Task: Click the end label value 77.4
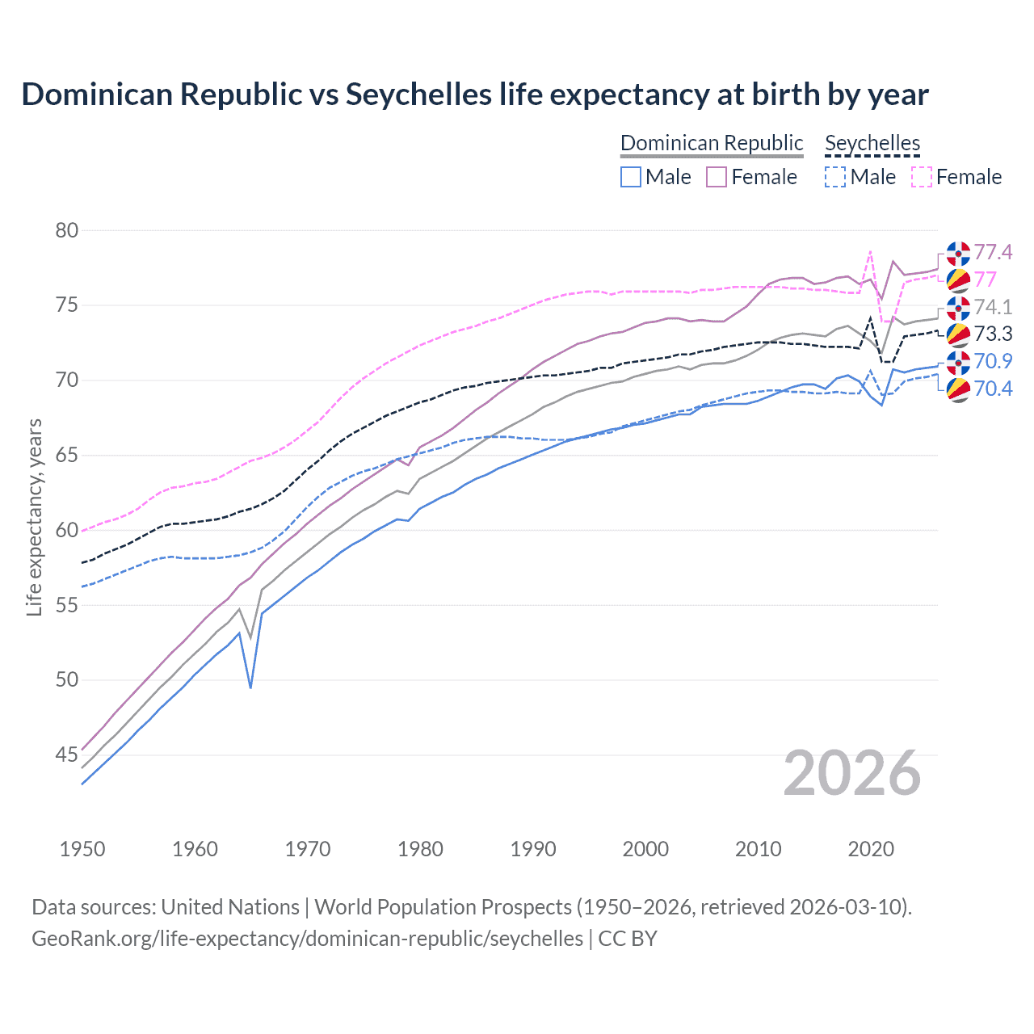click(993, 253)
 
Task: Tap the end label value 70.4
click(993, 389)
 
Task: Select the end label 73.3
click(993, 334)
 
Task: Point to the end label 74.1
click(993, 307)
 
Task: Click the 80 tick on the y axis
click(66, 230)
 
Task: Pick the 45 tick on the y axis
click(66, 754)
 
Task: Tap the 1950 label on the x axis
click(82, 849)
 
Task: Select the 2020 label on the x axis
click(871, 849)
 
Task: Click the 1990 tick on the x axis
click(533, 849)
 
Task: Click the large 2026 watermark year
click(852, 774)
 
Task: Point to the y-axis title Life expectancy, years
click(34, 517)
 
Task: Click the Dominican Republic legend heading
click(712, 143)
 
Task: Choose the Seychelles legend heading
click(872, 143)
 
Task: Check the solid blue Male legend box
click(631, 177)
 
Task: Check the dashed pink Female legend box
click(922, 177)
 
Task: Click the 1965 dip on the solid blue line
click(250, 687)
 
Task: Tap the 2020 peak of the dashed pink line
click(870, 251)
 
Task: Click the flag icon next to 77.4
click(958, 253)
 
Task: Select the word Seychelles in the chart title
click(419, 95)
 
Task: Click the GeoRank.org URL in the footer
click(307, 939)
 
